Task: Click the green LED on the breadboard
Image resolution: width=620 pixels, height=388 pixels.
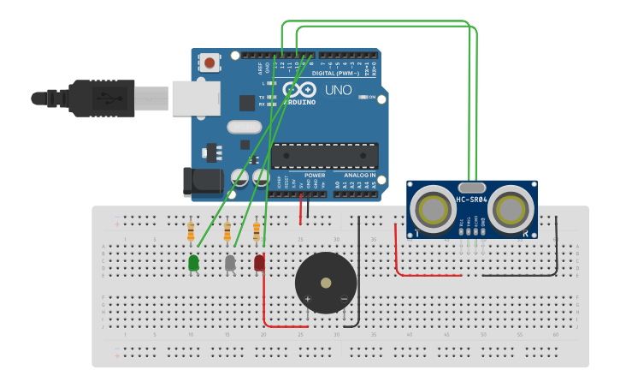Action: pyautogui.click(x=194, y=263)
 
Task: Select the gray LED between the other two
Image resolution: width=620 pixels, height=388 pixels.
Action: pyautogui.click(x=230, y=263)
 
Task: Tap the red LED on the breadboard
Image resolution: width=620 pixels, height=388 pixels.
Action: pyautogui.click(x=259, y=263)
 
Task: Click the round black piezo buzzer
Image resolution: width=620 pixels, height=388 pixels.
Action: pyautogui.click(x=325, y=283)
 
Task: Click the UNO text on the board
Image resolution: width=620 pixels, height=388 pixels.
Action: pyautogui.click(x=332, y=90)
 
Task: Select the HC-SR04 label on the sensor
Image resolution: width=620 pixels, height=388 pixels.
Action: pyautogui.click(x=471, y=200)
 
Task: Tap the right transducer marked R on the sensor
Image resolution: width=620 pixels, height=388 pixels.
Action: pyautogui.click(x=512, y=208)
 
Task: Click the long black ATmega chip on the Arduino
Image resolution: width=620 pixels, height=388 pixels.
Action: pyautogui.click(x=325, y=156)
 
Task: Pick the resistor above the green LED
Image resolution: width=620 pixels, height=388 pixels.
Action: pyautogui.click(x=191, y=232)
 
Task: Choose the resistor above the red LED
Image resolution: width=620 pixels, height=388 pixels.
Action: pyautogui.click(x=257, y=232)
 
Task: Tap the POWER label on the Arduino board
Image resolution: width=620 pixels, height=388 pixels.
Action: pyautogui.click(x=314, y=175)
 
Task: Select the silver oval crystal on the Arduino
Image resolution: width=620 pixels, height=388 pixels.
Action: pyautogui.click(x=244, y=127)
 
